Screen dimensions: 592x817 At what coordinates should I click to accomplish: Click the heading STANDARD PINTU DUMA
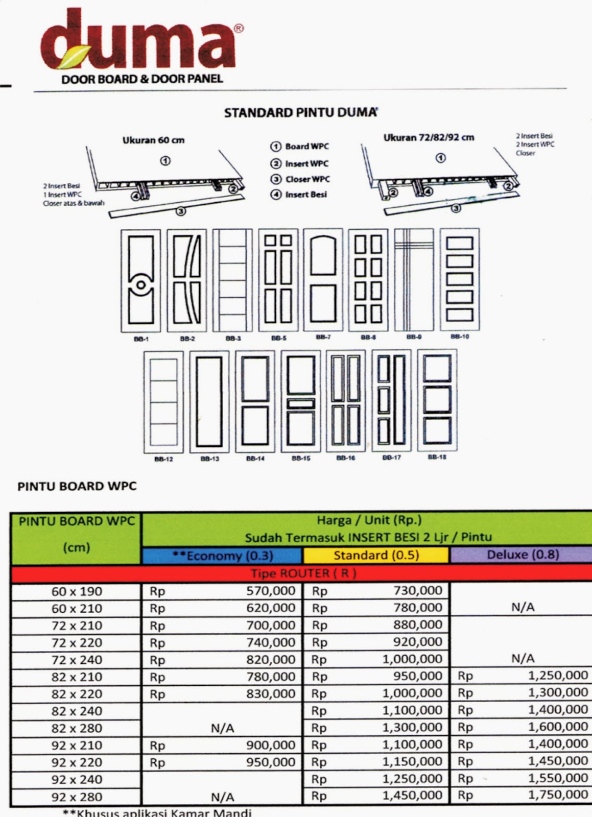pos(300,112)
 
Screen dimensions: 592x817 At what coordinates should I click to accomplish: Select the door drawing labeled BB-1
pos(140,281)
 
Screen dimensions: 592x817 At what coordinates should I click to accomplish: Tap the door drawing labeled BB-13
pos(209,401)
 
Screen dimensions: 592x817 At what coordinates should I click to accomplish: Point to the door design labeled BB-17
pos(391,400)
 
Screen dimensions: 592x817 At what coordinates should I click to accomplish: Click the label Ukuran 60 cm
pos(153,140)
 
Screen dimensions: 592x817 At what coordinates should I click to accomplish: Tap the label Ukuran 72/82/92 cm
pos(429,137)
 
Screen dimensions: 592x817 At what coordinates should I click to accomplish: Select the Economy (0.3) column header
pos(222,556)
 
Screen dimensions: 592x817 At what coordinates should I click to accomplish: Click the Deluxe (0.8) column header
pos(522,555)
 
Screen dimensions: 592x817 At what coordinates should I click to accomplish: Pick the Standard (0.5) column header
pos(376,555)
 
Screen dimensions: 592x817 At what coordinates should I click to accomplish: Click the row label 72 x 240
pos(77,660)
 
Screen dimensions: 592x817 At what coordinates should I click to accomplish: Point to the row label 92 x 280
pos(77,797)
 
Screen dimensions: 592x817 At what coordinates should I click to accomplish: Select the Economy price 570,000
pos(271,591)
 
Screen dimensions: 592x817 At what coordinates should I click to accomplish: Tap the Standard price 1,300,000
pos(412,727)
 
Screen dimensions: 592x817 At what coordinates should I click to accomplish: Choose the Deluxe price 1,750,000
pos(558,795)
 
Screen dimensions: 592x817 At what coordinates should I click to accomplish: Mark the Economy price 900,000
pos(271,745)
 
